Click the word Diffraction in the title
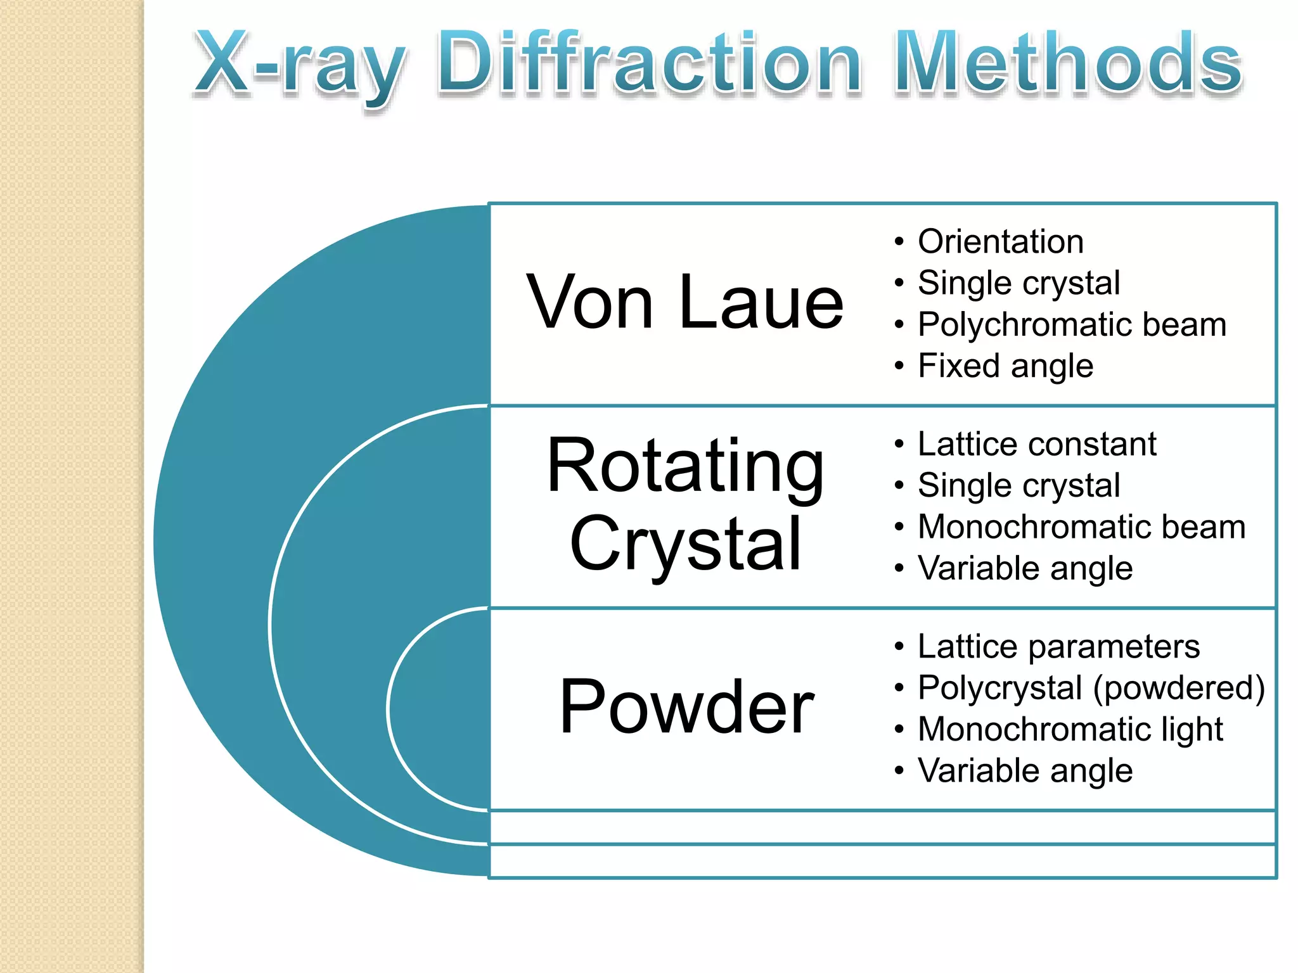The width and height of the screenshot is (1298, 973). point(649,63)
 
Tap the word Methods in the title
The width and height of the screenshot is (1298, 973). point(1068,63)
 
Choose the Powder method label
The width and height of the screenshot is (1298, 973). point(686,706)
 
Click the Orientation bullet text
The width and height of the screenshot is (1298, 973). point(1000,241)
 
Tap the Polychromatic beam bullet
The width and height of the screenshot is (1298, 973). point(1072,324)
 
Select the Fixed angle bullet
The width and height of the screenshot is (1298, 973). point(1005,366)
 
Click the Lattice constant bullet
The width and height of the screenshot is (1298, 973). point(1037,443)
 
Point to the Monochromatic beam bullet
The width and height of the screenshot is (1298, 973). point(1081,526)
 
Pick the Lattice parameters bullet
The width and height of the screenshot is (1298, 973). point(1058,646)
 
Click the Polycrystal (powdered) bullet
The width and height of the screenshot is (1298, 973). point(1091,687)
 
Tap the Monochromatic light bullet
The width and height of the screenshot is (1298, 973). point(1070,729)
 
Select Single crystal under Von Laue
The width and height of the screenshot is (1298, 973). point(1018,283)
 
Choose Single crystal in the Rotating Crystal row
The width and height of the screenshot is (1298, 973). point(1018,485)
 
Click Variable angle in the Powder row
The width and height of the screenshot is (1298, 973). point(1025,770)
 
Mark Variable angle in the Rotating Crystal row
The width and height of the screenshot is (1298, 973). point(1025,568)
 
